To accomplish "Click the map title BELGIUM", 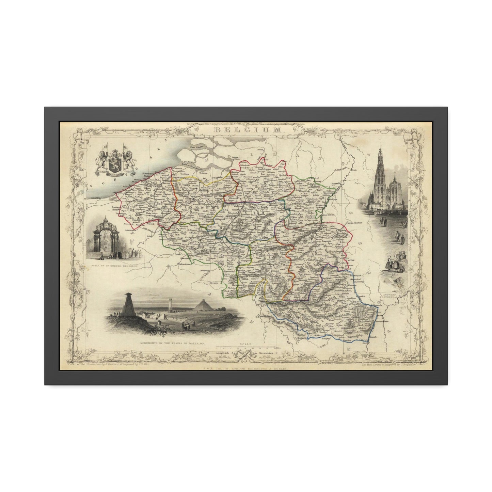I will [x=247, y=130].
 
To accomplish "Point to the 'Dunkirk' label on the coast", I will [x=93, y=197].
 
